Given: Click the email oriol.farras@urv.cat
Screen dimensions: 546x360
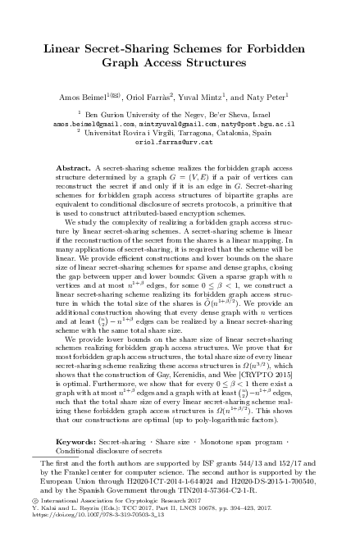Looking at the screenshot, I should coord(180,139).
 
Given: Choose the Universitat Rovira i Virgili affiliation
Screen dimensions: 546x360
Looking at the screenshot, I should coord(122,130).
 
